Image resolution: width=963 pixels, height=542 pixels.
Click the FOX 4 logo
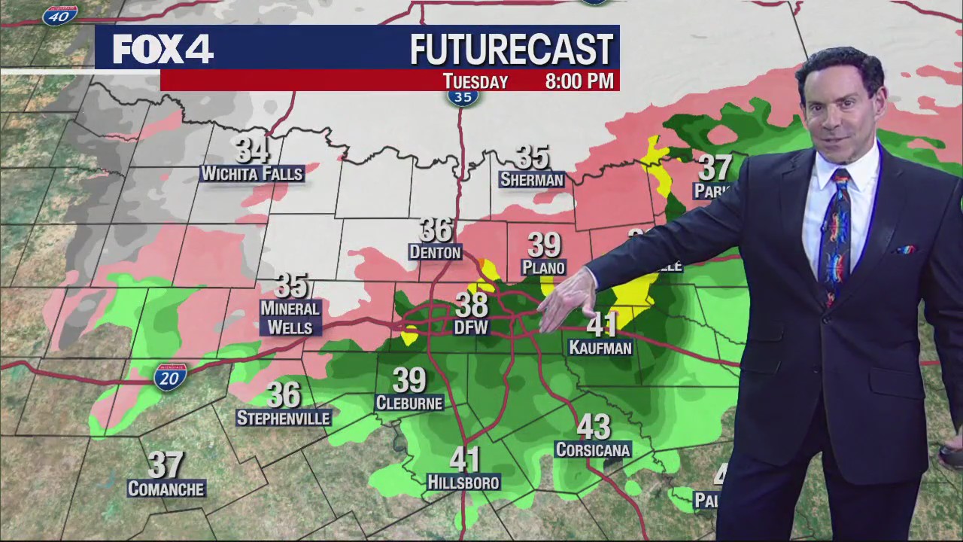pos(163,50)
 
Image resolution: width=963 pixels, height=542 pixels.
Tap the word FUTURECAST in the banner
pos(512,50)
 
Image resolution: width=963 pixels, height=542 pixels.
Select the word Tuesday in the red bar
pos(475,81)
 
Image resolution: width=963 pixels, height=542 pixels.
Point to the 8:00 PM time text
pos(579,81)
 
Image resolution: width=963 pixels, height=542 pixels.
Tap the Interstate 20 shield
pos(170,376)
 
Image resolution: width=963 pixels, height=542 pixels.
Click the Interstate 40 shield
pos(60,15)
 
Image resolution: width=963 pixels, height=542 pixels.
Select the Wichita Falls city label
pos(252,174)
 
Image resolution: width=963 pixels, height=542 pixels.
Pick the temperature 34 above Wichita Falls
pos(252,151)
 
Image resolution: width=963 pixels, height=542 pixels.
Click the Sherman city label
pos(532,180)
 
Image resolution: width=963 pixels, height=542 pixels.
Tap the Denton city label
pos(435,252)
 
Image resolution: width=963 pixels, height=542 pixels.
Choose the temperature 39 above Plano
pos(543,245)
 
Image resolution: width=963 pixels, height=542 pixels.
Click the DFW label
pos(472,327)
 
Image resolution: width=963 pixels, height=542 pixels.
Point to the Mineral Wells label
pos(290,318)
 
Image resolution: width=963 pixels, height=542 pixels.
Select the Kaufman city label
pos(600,348)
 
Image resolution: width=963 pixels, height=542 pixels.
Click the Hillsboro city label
pos(463,482)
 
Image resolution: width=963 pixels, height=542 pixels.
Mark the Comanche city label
pos(166,489)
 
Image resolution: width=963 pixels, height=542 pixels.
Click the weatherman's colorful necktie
pos(836,233)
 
